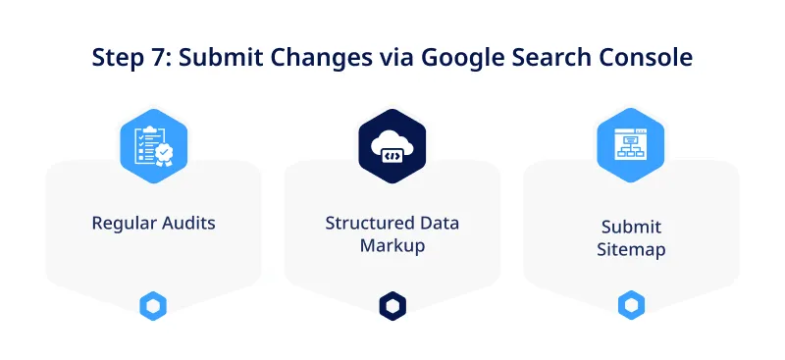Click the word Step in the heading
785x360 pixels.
coord(117,57)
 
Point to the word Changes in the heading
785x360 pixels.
coord(319,57)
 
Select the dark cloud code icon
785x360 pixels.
coord(392,146)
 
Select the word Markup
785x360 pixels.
coord(392,245)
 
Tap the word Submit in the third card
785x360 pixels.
coord(631,227)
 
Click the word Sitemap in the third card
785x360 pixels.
coord(631,249)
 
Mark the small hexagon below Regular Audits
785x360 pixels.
coord(153,306)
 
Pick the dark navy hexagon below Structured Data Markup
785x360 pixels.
coord(392,306)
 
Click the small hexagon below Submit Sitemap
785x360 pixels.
coord(631,306)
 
